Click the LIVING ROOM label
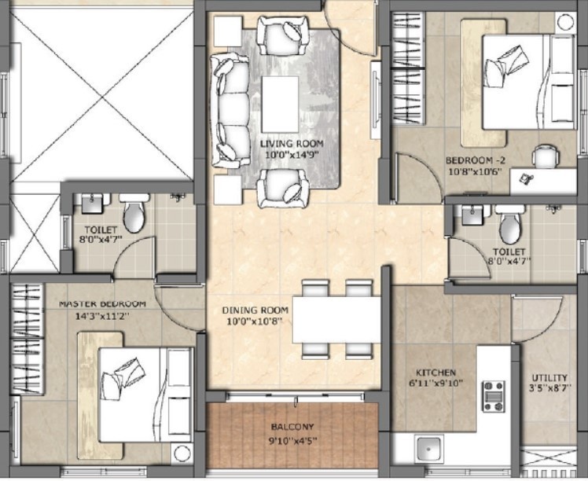[288, 144]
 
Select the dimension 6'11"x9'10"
[435, 384]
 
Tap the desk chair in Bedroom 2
[546, 157]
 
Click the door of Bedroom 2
[417, 177]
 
